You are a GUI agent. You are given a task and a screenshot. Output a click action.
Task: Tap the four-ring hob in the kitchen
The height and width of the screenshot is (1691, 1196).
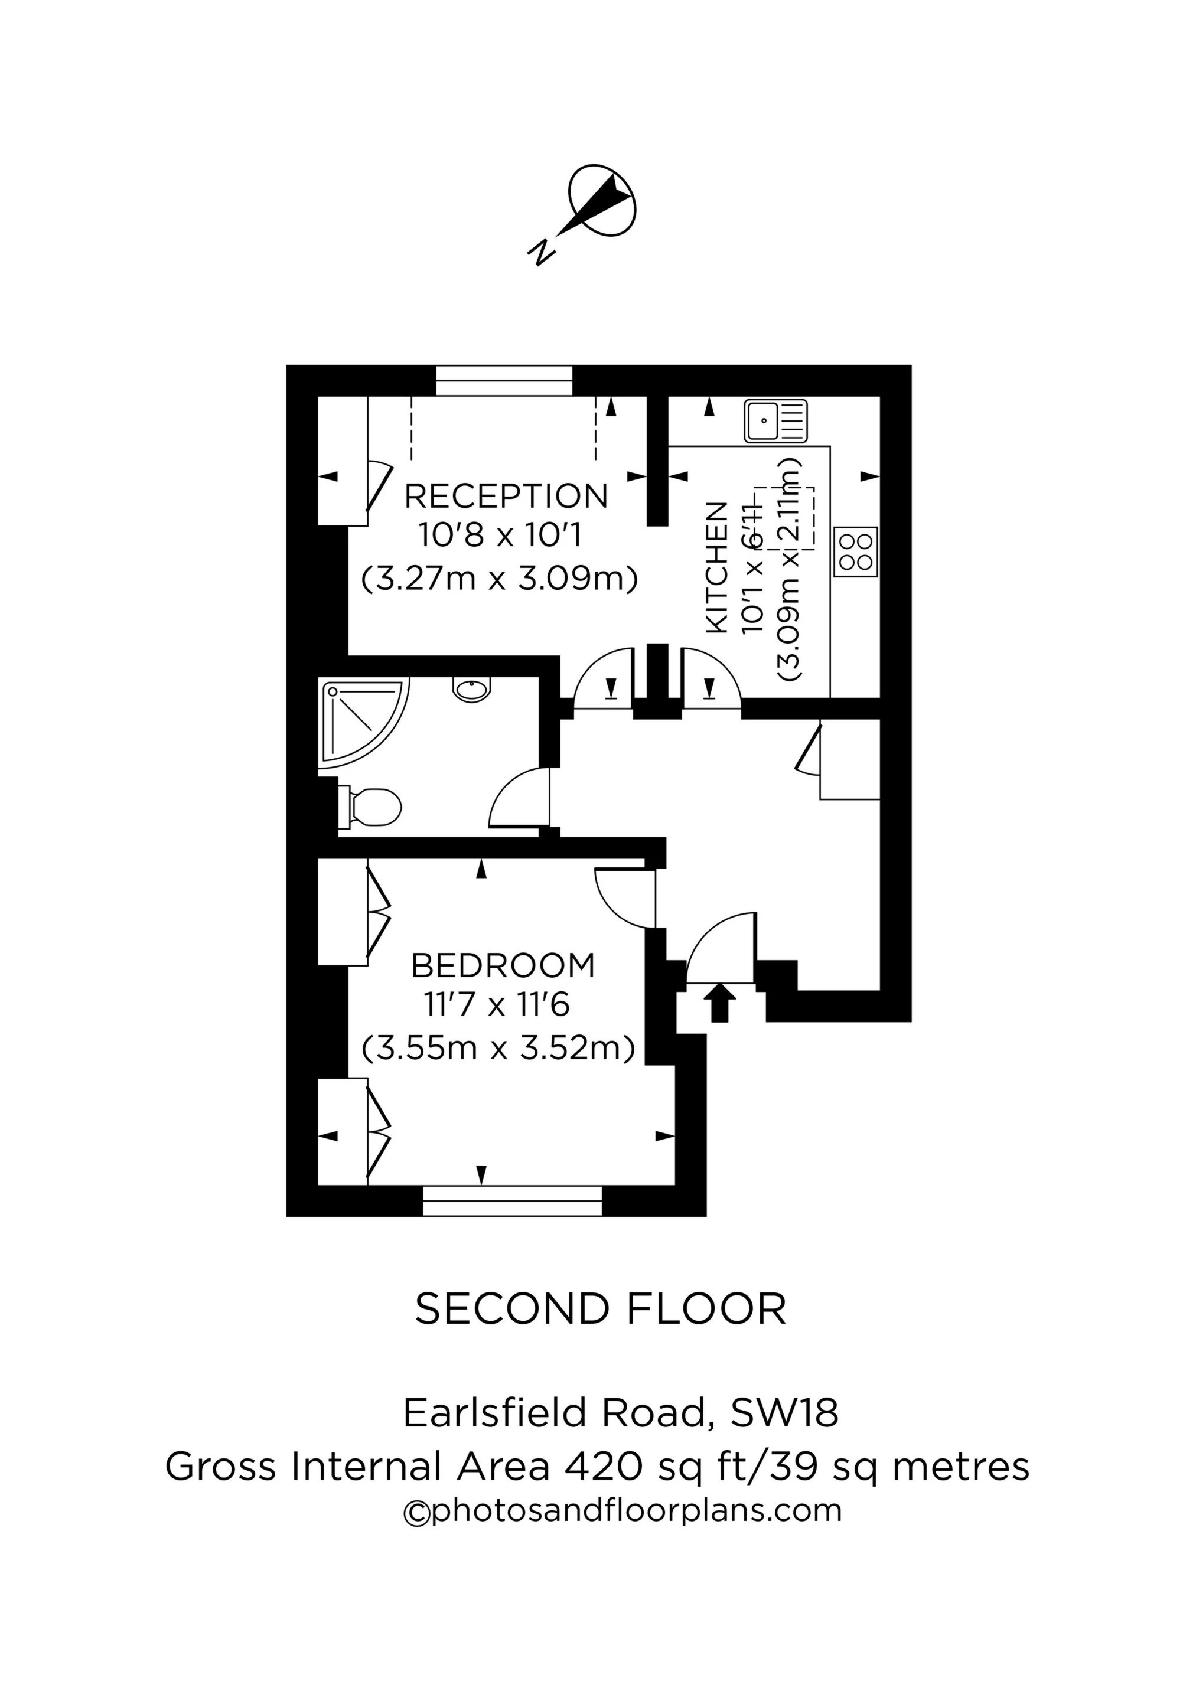[856, 551]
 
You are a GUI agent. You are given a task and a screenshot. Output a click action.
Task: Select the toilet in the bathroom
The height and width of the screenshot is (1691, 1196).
[369, 807]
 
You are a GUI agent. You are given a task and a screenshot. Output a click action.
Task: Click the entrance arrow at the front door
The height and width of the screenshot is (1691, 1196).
[719, 1003]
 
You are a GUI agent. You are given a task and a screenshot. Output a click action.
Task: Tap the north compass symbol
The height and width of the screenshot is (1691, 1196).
[602, 200]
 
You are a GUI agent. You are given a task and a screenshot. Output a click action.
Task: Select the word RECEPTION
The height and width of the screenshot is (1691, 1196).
[506, 497]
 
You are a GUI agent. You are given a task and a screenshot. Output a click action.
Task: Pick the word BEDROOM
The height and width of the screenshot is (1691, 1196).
[503, 965]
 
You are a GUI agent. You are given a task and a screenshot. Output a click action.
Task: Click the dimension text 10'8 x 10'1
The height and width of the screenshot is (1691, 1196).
[500, 536]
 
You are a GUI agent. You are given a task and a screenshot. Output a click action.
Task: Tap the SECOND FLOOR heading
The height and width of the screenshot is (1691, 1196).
[601, 1310]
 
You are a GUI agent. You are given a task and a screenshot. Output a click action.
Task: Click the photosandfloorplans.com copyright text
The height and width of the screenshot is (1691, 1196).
[623, 1510]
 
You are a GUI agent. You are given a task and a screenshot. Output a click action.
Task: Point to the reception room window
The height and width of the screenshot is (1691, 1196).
[504, 381]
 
